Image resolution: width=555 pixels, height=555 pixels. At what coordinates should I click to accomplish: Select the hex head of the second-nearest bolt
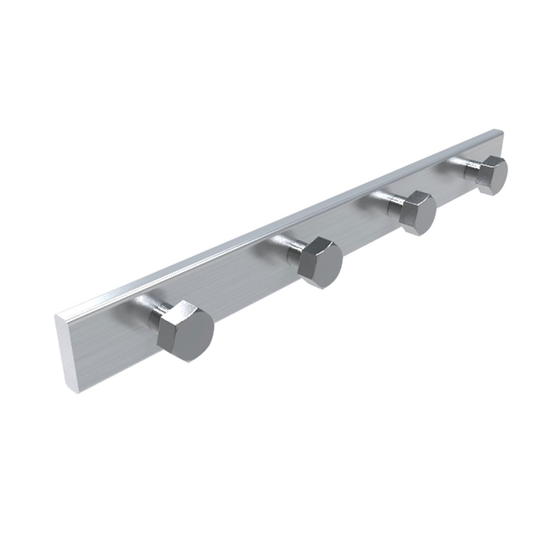point(321,263)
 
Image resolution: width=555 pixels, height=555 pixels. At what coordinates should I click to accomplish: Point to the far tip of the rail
point(501,132)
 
